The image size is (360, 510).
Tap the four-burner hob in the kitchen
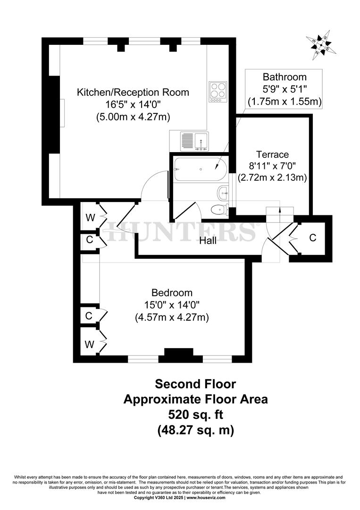[218, 92]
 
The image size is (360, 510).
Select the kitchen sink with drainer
[194, 141]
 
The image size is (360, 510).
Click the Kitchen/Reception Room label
[133, 93]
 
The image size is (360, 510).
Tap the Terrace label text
[272, 154]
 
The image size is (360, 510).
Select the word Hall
[208, 241]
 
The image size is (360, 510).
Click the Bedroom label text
[172, 293]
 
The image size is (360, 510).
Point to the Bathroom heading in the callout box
[285, 77]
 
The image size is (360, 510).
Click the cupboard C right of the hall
[312, 238]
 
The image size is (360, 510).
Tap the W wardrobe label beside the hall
[89, 218]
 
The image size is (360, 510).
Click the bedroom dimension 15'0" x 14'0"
[172, 305]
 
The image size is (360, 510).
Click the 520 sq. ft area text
[195, 415]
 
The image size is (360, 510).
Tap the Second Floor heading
[195, 383]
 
